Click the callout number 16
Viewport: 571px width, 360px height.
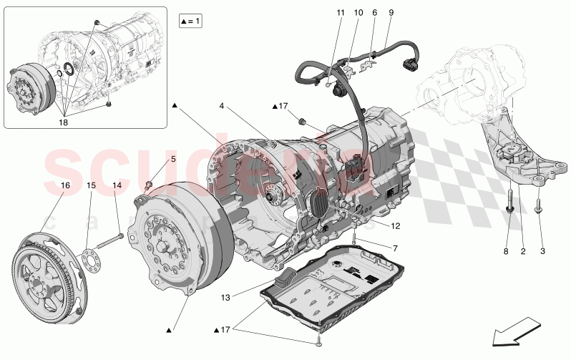[x=64, y=185]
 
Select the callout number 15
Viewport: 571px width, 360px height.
[x=91, y=185]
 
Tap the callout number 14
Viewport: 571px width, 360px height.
[x=117, y=185]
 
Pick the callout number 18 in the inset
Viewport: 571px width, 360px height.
[x=64, y=123]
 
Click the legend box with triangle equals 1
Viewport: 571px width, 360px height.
[x=190, y=21]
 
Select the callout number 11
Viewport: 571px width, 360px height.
[x=340, y=13]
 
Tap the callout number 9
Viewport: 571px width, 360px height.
[x=391, y=13]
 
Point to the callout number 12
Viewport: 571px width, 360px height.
[x=394, y=225]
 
